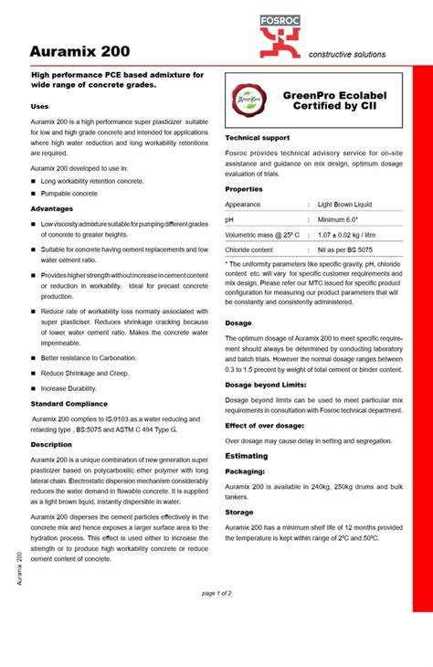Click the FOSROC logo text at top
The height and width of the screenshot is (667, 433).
pos(357,9)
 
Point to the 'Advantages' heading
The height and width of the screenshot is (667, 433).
pos(51,208)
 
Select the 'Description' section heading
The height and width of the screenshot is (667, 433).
pos(51,444)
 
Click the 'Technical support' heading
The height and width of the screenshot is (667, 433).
pos(257,138)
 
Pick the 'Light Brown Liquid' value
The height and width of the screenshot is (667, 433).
pos(344,205)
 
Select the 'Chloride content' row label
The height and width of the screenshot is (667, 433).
pos(249,249)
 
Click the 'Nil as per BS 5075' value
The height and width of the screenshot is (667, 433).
pos(345,249)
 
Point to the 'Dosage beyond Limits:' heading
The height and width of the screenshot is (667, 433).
pos(264,385)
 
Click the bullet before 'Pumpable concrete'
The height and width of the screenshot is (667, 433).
pos(34,195)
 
